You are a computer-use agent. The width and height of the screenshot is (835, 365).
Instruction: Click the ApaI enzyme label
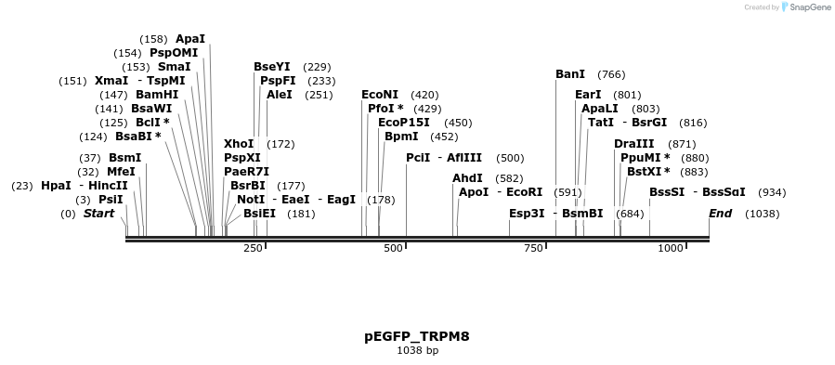click(x=190, y=39)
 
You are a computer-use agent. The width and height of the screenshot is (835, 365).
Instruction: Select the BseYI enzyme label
click(x=272, y=67)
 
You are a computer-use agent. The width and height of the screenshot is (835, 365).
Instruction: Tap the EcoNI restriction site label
click(x=380, y=95)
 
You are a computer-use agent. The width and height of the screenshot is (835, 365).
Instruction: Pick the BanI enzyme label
click(x=570, y=74)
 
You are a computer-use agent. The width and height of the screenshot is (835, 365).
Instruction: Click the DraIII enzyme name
click(x=634, y=144)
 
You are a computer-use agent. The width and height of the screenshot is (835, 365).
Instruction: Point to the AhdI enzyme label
click(x=467, y=178)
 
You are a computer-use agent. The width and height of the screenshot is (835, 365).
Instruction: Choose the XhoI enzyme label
click(x=239, y=144)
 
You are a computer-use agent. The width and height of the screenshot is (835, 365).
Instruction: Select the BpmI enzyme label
click(x=401, y=137)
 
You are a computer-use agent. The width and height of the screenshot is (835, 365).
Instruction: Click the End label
click(x=720, y=214)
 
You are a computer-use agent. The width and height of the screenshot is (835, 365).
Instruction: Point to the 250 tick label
click(x=254, y=248)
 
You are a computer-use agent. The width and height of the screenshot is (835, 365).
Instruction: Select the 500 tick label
click(x=394, y=248)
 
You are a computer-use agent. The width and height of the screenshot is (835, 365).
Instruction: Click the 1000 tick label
click(x=671, y=248)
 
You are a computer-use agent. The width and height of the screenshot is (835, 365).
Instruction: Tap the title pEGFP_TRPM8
click(x=417, y=336)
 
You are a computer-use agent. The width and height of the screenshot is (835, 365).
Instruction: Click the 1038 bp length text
click(x=417, y=351)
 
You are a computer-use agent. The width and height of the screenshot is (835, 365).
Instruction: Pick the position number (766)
click(x=611, y=74)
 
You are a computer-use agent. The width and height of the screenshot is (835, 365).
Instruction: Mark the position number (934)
click(x=772, y=192)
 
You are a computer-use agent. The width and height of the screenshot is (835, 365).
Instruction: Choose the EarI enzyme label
click(x=588, y=95)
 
